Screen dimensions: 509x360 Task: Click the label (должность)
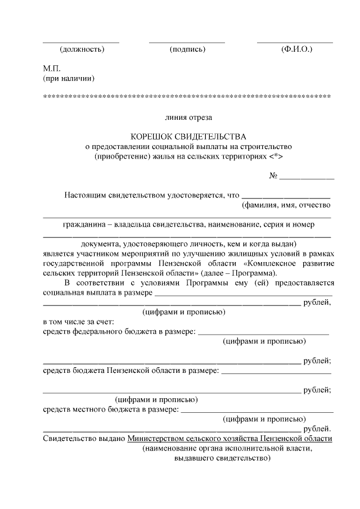(x=82, y=49)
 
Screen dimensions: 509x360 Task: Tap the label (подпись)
(x=187, y=49)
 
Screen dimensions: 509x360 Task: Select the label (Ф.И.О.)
(x=296, y=49)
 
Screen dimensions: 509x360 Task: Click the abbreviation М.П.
(x=52, y=68)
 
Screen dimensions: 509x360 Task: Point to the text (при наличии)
(x=69, y=78)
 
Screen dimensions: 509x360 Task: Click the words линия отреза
(x=188, y=118)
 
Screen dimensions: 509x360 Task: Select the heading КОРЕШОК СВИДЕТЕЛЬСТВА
(x=188, y=137)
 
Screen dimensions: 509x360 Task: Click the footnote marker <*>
(x=276, y=156)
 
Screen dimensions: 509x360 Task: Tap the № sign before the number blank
(x=274, y=175)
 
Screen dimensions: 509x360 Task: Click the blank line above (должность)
(x=82, y=42)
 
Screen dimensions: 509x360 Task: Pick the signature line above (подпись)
(x=187, y=42)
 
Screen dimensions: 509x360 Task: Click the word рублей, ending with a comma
(x=317, y=303)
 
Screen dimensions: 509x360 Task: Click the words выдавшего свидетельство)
(x=223, y=458)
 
